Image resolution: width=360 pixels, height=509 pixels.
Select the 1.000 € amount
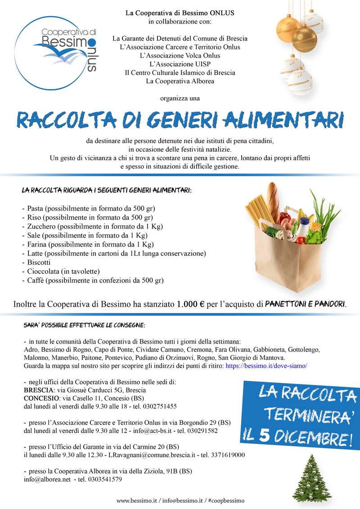pyautogui.click(x=190, y=304)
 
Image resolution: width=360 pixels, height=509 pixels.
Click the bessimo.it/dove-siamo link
pyautogui.click(x=266, y=366)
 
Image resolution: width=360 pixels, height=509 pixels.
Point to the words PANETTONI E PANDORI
pyautogui.click(x=305, y=304)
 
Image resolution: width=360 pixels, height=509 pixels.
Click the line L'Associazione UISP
pyautogui.click(x=180, y=64)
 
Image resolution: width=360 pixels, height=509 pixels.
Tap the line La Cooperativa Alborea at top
pyautogui.click(x=180, y=81)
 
